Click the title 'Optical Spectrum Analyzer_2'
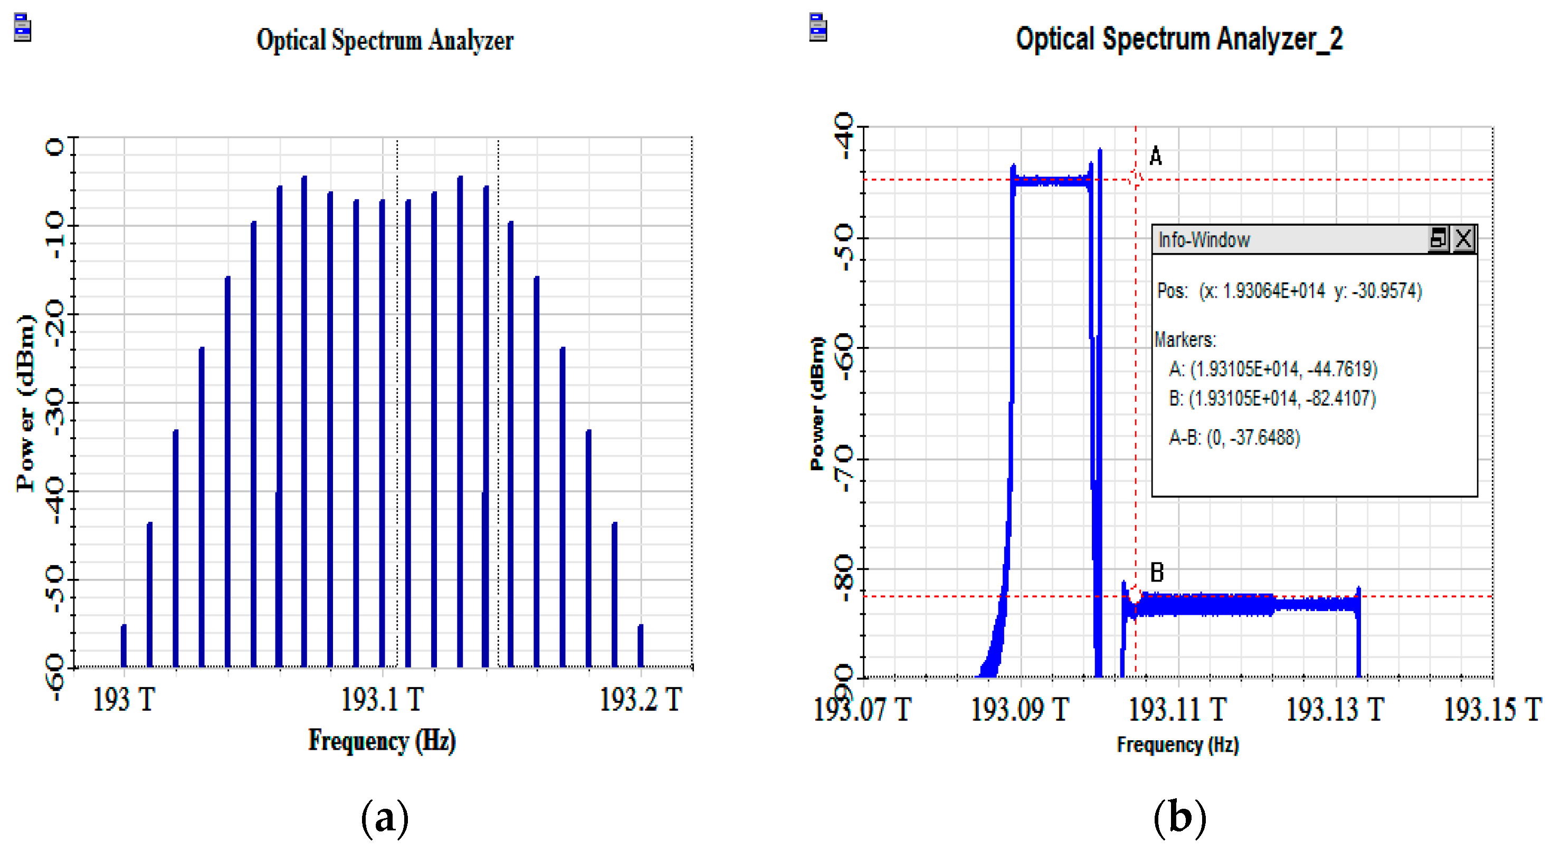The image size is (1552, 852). (1178, 40)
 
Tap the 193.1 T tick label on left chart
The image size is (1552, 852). (382, 700)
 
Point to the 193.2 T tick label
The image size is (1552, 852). (641, 700)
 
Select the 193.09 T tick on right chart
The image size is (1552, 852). (1020, 709)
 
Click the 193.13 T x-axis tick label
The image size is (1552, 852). (1335, 709)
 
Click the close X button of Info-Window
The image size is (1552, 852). (1463, 239)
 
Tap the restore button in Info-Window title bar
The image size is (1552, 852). (1438, 239)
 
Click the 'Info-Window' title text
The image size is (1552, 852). (1204, 240)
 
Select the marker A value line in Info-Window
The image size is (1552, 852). (1272, 369)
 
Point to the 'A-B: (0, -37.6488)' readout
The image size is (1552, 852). (1234, 438)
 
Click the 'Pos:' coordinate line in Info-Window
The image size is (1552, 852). (1289, 292)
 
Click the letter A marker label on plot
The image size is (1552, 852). (1155, 156)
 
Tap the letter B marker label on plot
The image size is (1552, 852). (1157, 572)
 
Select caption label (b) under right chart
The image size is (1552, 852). (1179, 818)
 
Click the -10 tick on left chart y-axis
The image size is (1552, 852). (55, 235)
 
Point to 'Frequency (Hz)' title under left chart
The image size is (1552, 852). (382, 741)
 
